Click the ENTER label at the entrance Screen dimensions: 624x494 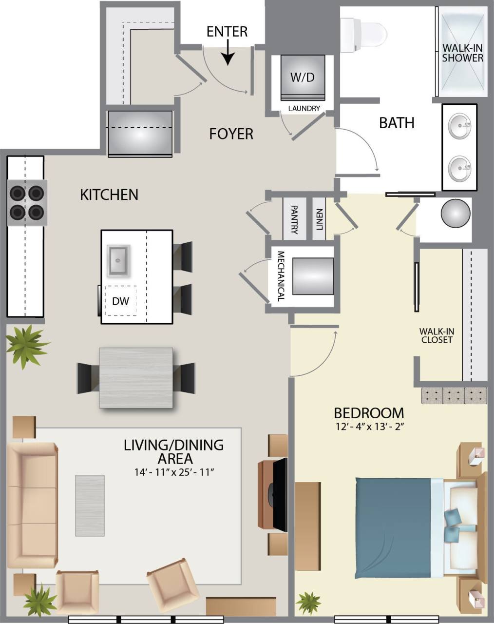tap(227, 32)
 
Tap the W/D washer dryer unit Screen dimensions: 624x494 tap(303, 77)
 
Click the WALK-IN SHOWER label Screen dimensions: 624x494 tap(462, 53)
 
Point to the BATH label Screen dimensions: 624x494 tap(397, 123)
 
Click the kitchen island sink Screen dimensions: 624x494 tap(118, 260)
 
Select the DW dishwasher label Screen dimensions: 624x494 tap(121, 301)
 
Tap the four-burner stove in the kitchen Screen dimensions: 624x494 tap(27, 203)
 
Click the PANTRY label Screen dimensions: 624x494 tap(294, 219)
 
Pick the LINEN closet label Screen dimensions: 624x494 tap(319, 219)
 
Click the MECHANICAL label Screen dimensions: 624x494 tap(281, 276)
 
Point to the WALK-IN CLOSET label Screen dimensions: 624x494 tap(437, 336)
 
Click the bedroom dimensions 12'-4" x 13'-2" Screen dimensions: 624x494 tap(369, 427)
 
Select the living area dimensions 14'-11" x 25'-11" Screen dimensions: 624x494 tap(174, 472)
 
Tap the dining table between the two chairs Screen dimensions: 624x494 tap(136, 378)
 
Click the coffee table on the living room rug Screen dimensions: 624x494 tap(90, 506)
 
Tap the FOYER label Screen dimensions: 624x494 tap(231, 134)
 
